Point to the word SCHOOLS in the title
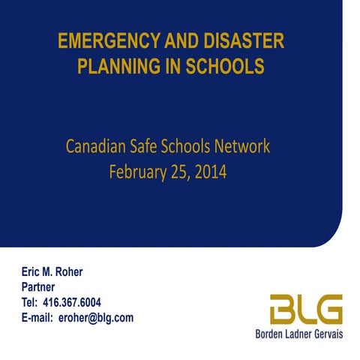(x=226, y=67)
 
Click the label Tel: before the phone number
(x=31, y=302)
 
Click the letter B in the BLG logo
(x=283, y=310)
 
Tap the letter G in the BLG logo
(x=328, y=310)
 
